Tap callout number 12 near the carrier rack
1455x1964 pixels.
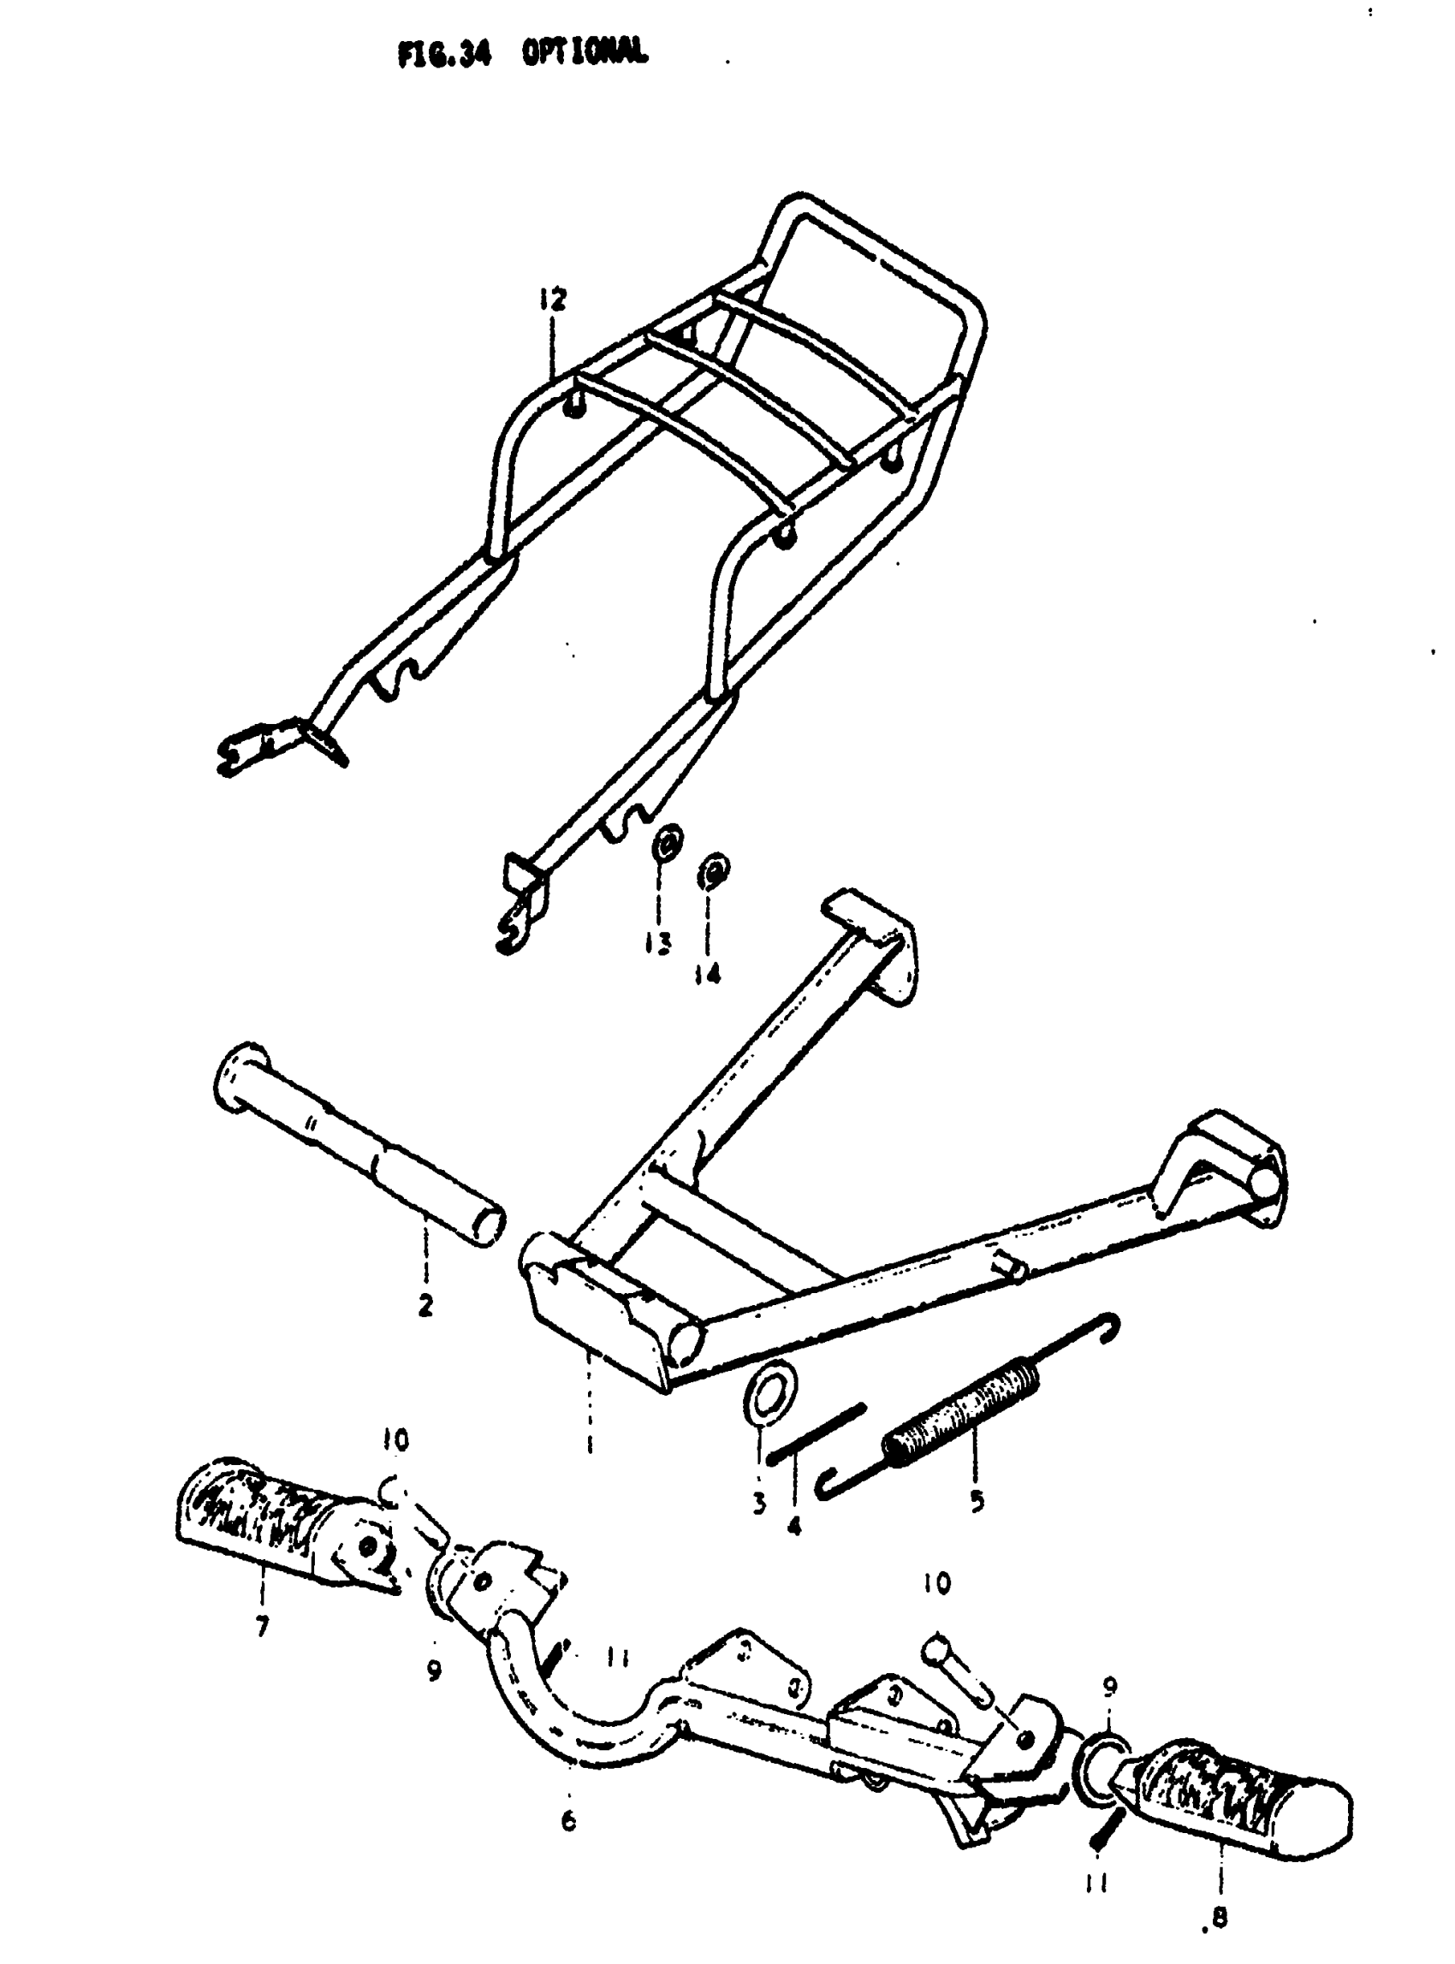point(554,300)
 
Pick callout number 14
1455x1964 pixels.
point(707,973)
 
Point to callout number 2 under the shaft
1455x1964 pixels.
point(425,1305)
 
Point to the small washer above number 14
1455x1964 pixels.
point(714,871)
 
